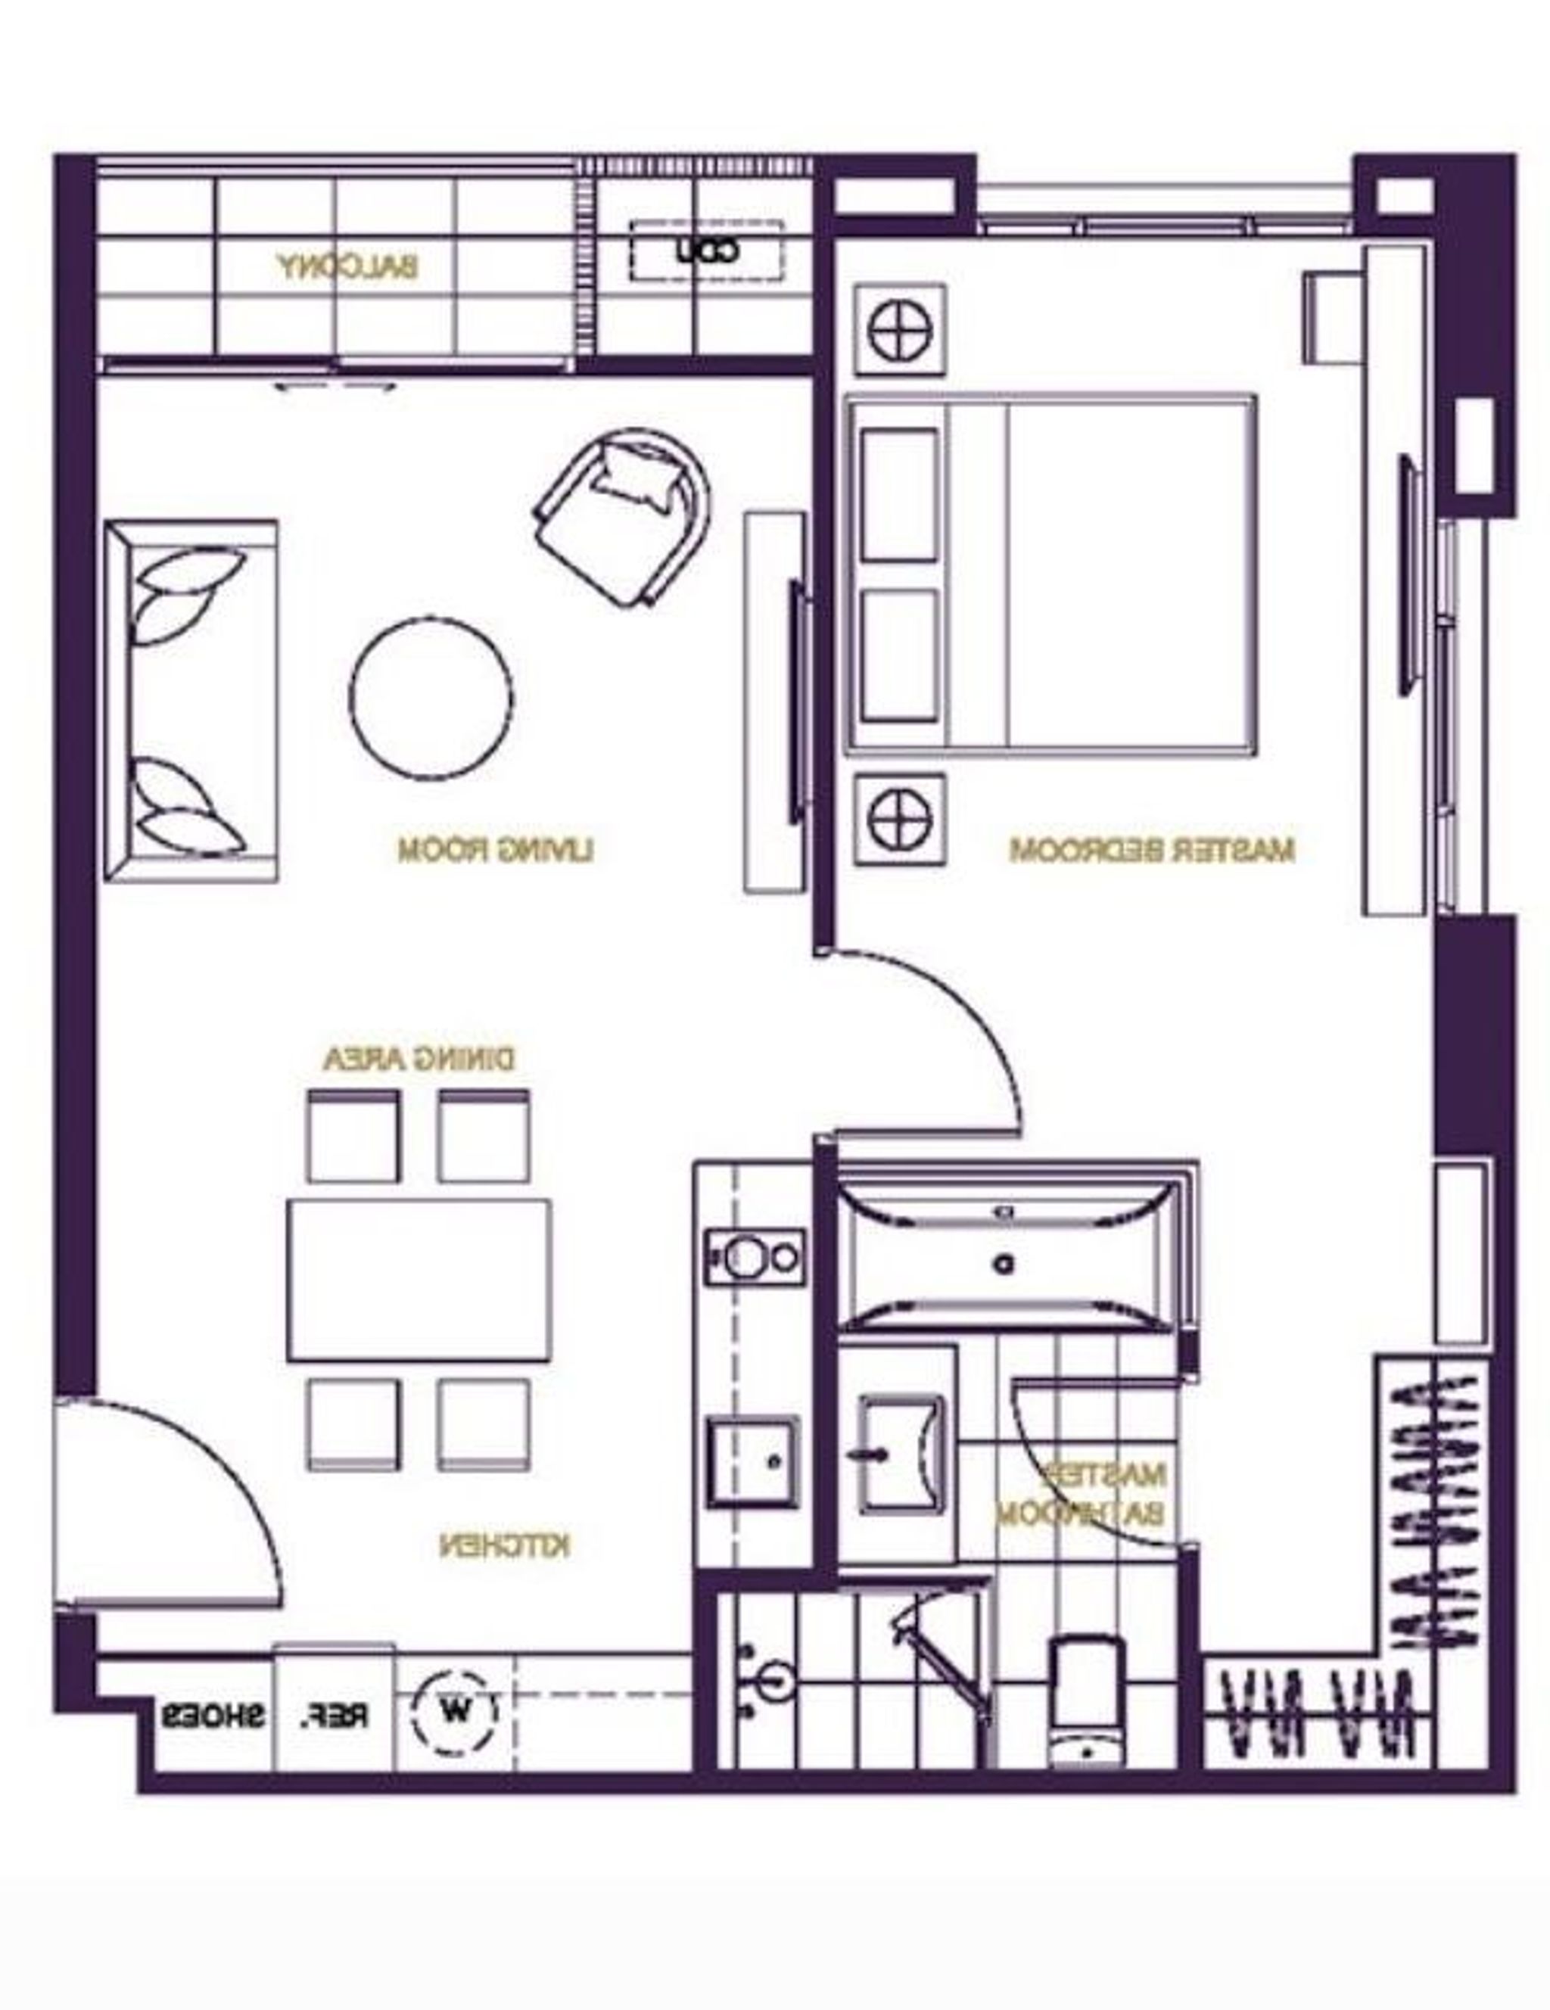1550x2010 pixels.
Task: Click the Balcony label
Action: pos(348,267)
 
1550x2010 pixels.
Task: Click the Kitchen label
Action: pos(504,1545)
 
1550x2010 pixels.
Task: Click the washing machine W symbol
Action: pos(455,1710)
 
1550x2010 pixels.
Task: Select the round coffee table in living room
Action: pos(431,699)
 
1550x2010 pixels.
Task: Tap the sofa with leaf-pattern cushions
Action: pos(191,699)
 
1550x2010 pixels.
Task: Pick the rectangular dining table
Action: pos(419,1279)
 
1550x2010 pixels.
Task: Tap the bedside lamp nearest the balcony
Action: pos(899,329)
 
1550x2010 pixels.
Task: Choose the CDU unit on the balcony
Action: pos(707,250)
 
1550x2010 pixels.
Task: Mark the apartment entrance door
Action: pos(166,1509)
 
